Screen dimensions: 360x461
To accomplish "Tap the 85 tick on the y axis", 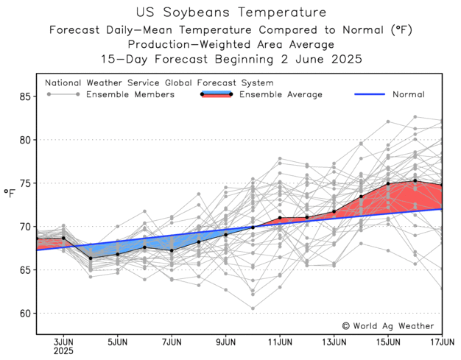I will tap(27, 96).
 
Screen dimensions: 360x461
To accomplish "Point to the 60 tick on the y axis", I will tap(27, 313).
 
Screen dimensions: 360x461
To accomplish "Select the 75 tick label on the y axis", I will tap(27, 183).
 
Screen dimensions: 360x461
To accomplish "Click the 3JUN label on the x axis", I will tap(63, 342).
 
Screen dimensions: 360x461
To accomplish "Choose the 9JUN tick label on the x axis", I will tap(226, 342).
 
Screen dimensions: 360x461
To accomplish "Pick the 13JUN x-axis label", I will tap(334, 342).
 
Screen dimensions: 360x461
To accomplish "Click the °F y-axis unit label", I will tap(9, 194).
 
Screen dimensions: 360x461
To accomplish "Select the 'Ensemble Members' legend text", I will tap(130, 94).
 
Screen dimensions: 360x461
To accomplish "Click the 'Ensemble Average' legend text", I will tap(281, 94).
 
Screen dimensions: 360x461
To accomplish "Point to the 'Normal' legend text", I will tap(408, 94).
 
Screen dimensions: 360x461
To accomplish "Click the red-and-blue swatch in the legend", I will tap(217, 94).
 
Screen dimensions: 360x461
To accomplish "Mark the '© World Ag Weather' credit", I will tap(388, 325).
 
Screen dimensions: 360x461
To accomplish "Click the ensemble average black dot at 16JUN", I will tap(415, 180).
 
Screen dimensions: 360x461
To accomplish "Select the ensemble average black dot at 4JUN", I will tap(91, 258).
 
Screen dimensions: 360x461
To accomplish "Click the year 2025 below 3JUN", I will tap(63, 352).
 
